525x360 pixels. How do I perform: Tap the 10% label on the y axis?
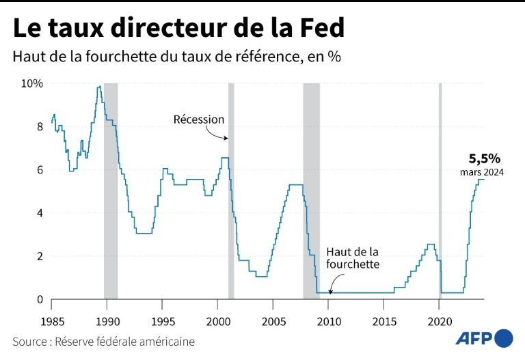point(31,83)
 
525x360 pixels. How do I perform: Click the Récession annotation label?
point(199,120)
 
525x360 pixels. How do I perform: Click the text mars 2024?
point(481,173)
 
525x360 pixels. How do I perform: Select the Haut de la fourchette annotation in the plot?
point(353,258)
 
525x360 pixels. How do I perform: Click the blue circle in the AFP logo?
point(503,337)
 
